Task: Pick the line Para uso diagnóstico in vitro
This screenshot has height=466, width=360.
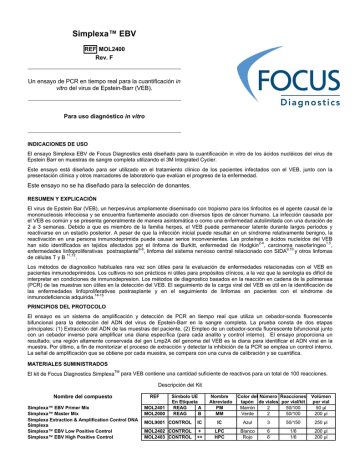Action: [91, 117]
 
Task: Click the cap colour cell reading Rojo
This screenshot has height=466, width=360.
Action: [249, 461]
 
